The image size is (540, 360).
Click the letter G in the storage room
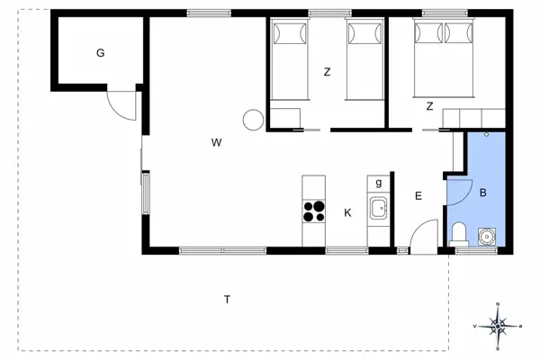coord(101,53)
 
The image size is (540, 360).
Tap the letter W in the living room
coord(216,142)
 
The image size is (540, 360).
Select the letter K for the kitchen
coord(346,212)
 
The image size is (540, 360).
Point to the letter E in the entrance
coord(418,195)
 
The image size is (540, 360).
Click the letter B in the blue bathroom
coord(482,193)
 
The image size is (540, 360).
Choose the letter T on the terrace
coord(228,298)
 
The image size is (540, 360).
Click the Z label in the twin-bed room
coord(328,72)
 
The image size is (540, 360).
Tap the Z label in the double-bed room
coord(430,106)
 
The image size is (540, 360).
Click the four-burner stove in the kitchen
coord(313,211)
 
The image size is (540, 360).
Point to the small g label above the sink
coord(379,183)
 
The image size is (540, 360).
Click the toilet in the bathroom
coord(458,234)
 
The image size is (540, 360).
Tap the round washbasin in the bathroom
coord(487,237)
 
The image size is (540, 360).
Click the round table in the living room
coord(253,119)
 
